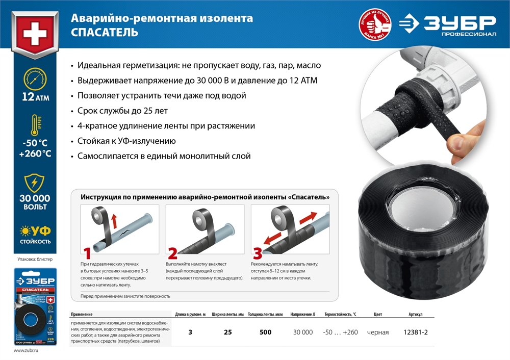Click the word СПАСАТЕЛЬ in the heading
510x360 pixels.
[105, 33]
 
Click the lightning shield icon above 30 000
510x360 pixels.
[35, 183]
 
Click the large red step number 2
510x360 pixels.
[172, 253]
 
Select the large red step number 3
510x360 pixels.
[258, 253]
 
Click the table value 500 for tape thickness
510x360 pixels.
[265, 332]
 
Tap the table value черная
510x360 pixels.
[377, 332]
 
